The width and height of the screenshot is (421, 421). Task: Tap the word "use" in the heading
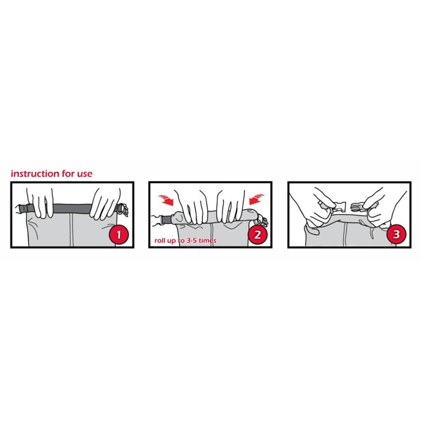click(85, 174)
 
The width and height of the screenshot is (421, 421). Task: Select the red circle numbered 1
click(119, 234)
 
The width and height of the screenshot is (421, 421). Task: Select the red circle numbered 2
click(258, 234)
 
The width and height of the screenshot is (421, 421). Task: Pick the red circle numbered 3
click(396, 234)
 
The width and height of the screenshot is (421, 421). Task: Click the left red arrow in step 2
click(166, 200)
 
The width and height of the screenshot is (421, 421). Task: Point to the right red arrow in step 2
click(256, 199)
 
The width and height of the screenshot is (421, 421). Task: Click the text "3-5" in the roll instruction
click(192, 240)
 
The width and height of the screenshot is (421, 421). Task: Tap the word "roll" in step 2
click(160, 240)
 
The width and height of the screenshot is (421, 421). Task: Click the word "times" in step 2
click(208, 240)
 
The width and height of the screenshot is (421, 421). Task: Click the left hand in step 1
click(40, 203)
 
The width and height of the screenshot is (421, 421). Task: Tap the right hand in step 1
click(105, 203)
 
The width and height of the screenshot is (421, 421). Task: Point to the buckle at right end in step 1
click(122, 209)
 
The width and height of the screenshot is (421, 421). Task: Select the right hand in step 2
click(231, 206)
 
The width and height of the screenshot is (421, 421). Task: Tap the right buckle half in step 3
click(358, 206)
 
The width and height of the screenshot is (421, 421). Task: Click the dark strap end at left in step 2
click(166, 219)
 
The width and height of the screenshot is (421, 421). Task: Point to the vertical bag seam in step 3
click(345, 234)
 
